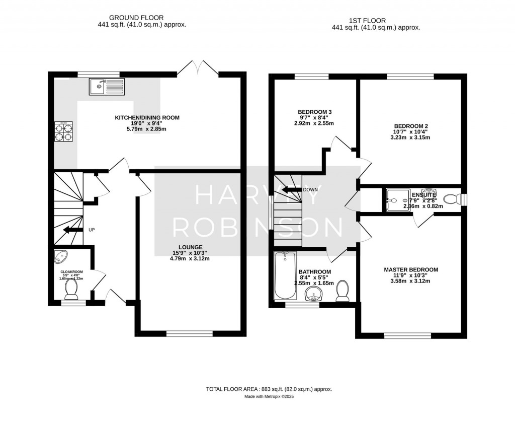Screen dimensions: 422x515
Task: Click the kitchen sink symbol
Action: tap(107, 87)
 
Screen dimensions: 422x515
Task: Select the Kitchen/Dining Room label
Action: tap(147, 118)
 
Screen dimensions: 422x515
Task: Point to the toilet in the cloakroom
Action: tap(71, 289)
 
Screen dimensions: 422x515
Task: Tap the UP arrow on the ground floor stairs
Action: tap(71, 230)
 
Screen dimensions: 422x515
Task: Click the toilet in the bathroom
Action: tap(343, 291)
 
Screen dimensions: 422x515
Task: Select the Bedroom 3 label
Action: tap(314, 112)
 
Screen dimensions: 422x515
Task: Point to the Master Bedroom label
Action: tap(411, 270)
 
